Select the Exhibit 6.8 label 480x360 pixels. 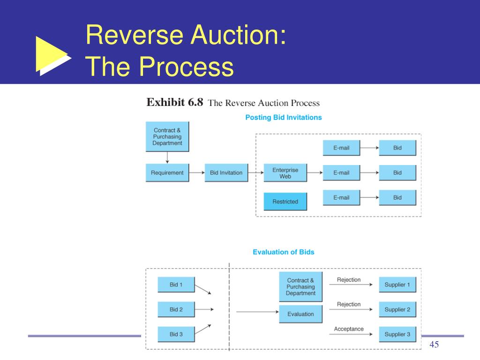(175, 103)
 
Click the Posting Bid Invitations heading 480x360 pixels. (284, 117)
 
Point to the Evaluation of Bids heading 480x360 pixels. (284, 252)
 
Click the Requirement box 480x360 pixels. (167, 172)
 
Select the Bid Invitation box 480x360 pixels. (226, 172)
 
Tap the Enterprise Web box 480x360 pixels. (285, 173)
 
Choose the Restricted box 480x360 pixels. (285, 202)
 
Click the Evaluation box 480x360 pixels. (300, 314)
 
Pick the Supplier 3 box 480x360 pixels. (397, 334)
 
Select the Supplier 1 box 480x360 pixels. (397, 285)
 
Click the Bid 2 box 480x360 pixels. (176, 309)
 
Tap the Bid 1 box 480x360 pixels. (176, 285)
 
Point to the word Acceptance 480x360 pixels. (349, 329)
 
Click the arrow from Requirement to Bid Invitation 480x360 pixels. (197, 172)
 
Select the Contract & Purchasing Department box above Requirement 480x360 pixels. (167, 137)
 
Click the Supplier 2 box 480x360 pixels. (397, 309)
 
